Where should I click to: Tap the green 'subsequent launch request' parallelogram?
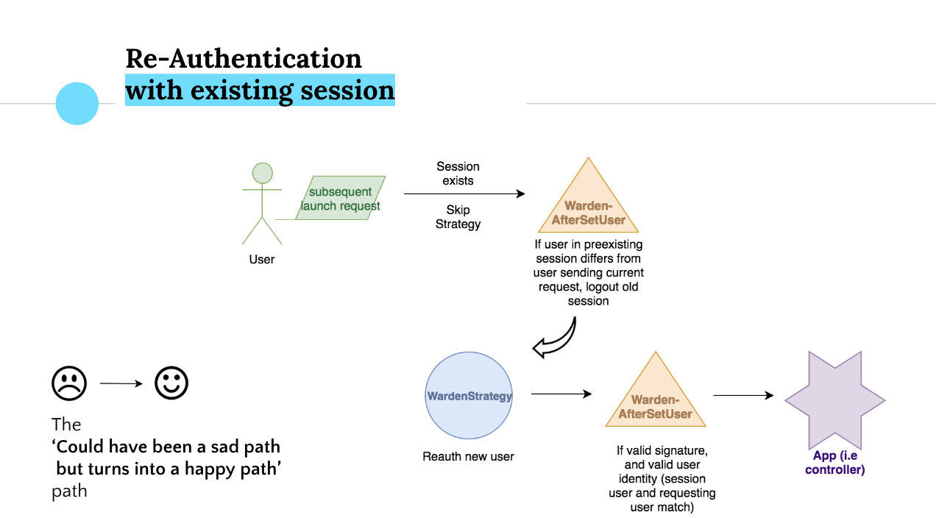[x=341, y=198]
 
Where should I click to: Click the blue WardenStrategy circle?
[x=469, y=397]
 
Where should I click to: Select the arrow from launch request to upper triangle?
[x=464, y=194]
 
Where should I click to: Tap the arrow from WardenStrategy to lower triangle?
[x=561, y=394]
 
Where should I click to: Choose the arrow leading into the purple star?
[x=743, y=396]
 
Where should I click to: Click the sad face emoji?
[x=69, y=383]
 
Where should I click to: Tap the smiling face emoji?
[x=171, y=383]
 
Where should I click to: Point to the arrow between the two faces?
[x=121, y=383]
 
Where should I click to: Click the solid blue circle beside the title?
[x=77, y=103]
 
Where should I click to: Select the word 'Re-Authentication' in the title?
[x=244, y=58]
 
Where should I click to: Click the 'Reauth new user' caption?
[x=468, y=456]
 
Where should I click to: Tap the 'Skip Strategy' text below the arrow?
[x=458, y=217]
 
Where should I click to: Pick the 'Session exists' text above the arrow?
[x=458, y=174]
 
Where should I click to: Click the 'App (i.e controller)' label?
[x=834, y=463]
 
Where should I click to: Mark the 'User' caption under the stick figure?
[x=262, y=259]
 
